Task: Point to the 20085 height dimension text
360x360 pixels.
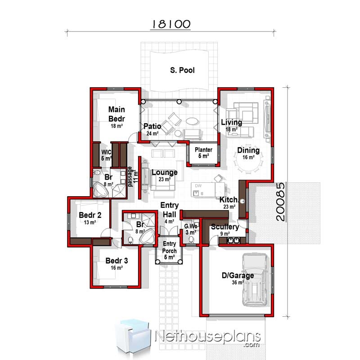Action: click(280, 201)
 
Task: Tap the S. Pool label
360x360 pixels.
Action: click(182, 71)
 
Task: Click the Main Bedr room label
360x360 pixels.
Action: click(117, 113)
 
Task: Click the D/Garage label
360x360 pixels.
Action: click(238, 275)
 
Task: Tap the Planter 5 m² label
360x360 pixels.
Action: click(203, 153)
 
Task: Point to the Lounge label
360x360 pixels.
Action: click(164, 172)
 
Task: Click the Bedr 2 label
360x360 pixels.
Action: click(90, 215)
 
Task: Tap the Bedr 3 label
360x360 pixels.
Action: click(117, 261)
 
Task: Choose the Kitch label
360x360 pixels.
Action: click(229, 199)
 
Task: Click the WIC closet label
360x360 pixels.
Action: click(106, 152)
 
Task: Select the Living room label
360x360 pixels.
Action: click(231, 122)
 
